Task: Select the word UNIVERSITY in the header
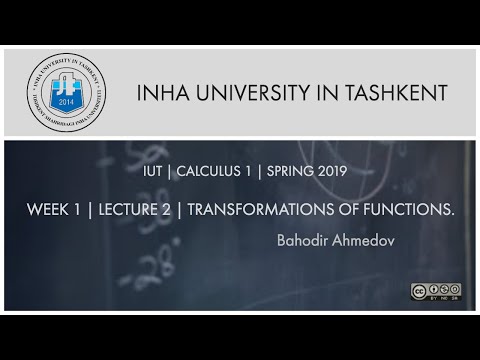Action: [249, 93]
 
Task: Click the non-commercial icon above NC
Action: [443, 289]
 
